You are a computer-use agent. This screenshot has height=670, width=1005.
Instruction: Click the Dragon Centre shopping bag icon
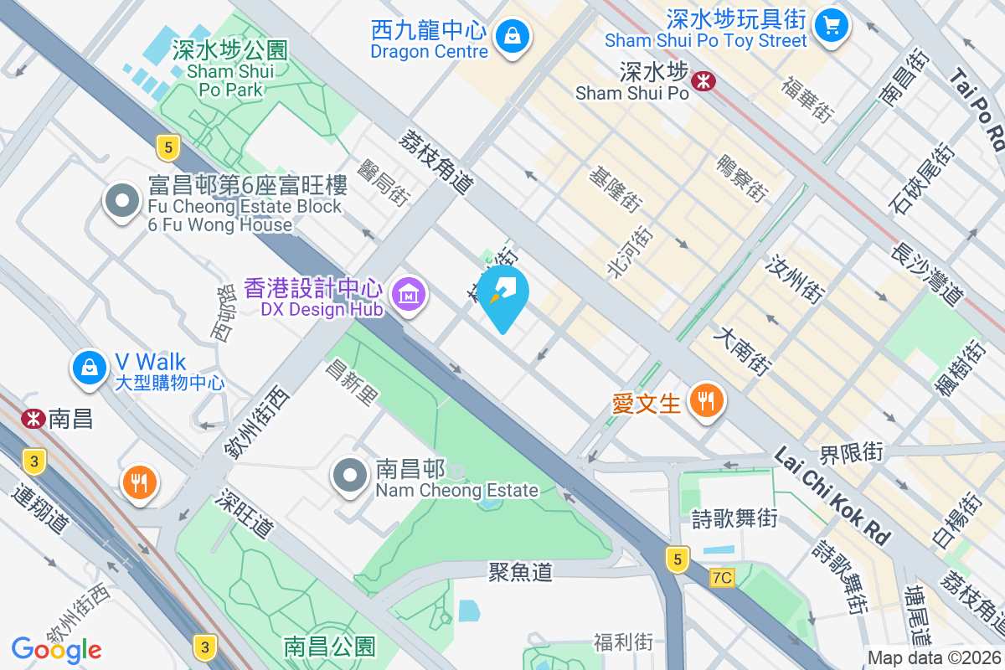point(510,36)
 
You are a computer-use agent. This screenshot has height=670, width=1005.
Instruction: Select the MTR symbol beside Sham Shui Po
point(702,79)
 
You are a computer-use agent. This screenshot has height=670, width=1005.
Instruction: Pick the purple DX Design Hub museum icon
point(409,295)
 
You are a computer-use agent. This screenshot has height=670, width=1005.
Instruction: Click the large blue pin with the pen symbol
point(503,293)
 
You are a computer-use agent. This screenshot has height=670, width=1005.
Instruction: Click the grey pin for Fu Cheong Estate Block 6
point(123,201)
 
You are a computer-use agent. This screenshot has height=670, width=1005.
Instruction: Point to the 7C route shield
point(721,578)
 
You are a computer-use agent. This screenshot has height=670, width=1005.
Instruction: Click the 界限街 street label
point(851,454)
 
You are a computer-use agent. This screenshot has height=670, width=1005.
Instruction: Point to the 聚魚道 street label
point(521,572)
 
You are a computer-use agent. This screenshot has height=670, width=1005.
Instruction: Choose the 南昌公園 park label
point(329,647)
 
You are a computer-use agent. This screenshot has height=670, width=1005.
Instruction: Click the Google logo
point(56,649)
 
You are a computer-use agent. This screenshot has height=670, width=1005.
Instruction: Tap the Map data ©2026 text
point(934,658)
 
